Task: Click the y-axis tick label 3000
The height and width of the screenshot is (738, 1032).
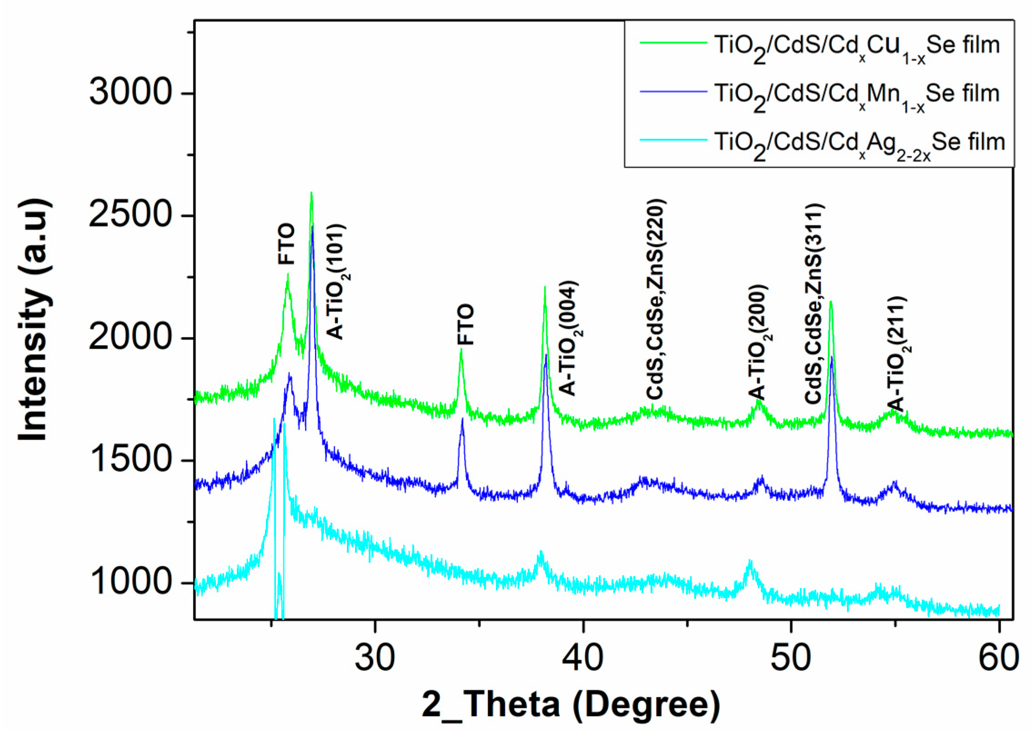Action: (x=130, y=92)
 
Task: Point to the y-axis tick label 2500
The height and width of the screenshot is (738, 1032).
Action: (x=130, y=214)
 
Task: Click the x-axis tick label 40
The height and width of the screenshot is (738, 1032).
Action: (x=582, y=658)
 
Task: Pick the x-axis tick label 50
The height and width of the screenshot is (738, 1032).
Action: (x=791, y=658)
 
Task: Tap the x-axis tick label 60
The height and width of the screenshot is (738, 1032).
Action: (x=998, y=658)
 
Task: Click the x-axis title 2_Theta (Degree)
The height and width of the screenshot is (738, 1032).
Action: (x=571, y=705)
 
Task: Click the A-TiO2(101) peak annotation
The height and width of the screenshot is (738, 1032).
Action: (x=337, y=282)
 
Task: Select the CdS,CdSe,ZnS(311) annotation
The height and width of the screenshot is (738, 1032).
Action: (x=814, y=303)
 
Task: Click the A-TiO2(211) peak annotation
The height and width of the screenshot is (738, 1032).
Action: (x=897, y=354)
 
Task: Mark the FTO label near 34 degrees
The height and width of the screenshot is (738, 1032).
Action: (x=465, y=324)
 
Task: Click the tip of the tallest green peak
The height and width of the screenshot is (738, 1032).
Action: (x=311, y=193)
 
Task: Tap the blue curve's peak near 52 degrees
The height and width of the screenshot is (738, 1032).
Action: (x=832, y=357)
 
